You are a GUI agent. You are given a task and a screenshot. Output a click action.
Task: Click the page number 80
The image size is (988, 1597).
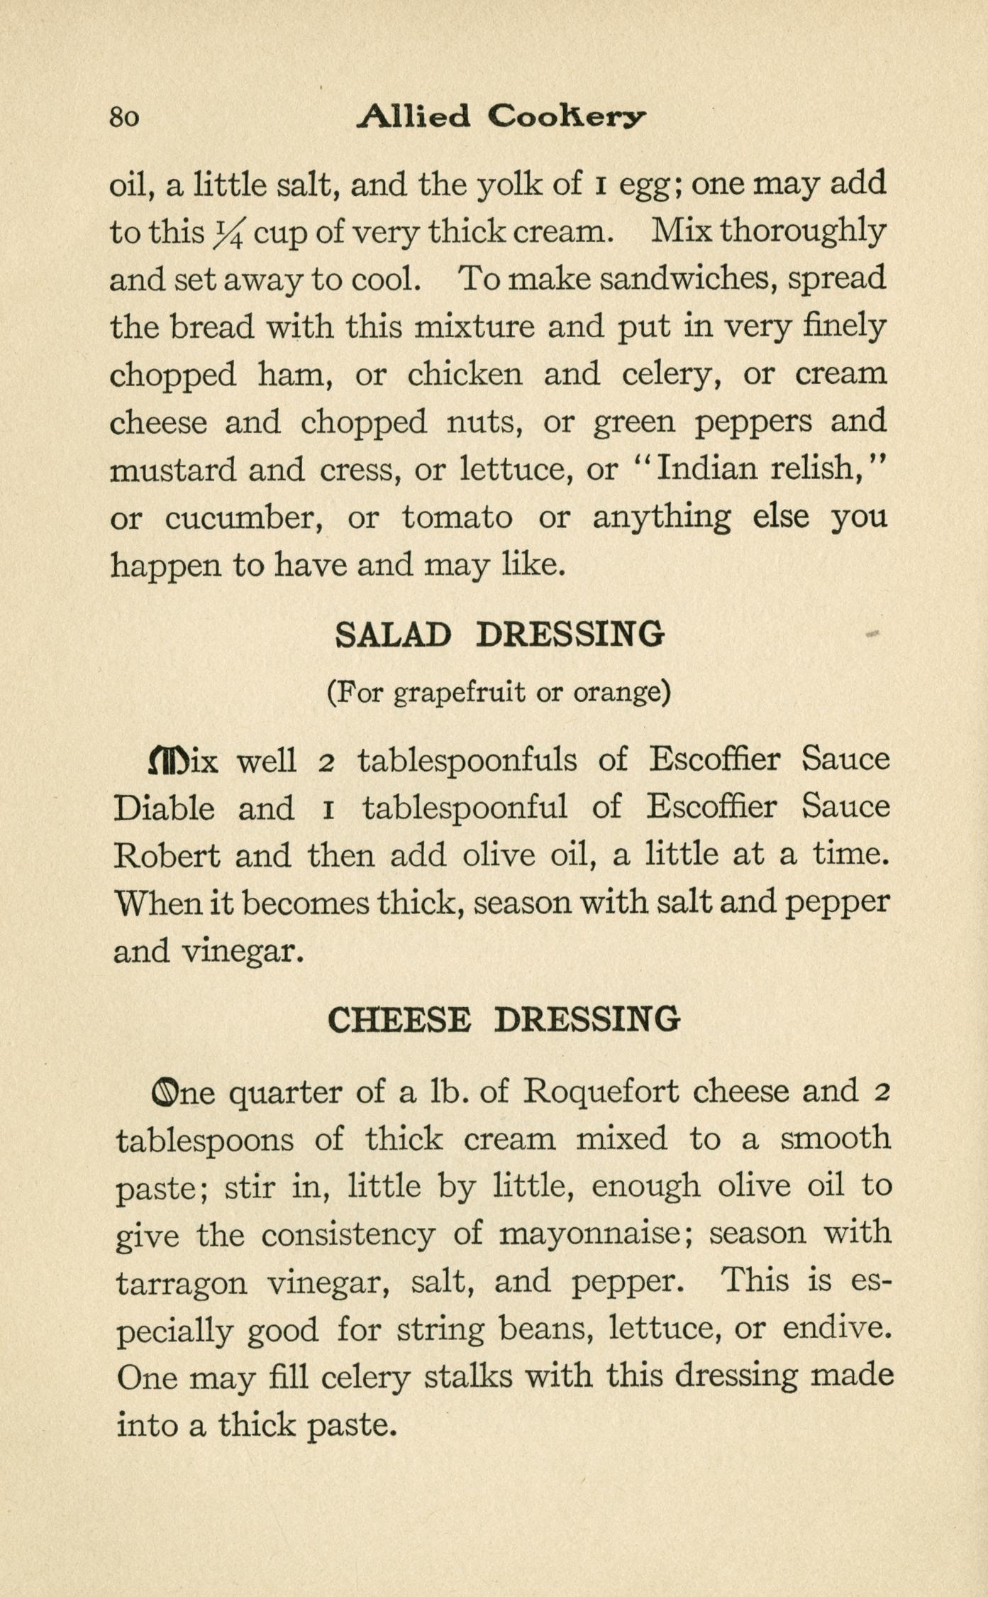(125, 116)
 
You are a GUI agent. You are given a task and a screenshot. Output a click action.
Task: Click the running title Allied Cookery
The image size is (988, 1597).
(501, 116)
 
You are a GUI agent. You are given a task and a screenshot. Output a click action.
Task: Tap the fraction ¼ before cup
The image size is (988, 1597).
(228, 232)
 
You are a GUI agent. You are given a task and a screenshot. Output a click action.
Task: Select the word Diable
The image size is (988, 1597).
(164, 808)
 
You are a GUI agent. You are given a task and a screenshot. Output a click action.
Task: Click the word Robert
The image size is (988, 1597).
(166, 856)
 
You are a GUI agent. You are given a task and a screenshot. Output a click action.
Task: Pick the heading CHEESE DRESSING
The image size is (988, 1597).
(504, 1020)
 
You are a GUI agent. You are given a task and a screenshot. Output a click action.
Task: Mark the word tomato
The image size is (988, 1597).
(457, 517)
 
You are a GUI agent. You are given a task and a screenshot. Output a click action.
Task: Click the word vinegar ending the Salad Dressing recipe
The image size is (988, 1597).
(243, 951)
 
